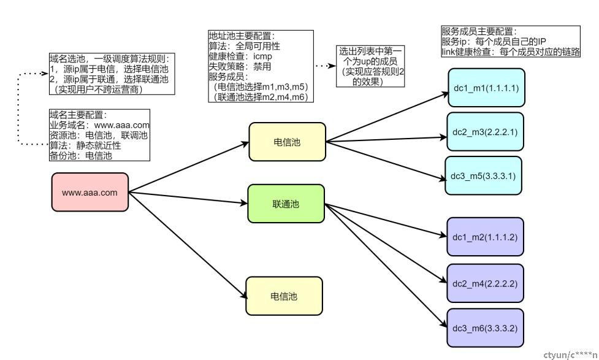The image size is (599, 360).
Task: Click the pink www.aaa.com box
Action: point(90,192)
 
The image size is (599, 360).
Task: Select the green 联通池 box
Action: point(286,204)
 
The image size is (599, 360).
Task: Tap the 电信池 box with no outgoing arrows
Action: point(284,296)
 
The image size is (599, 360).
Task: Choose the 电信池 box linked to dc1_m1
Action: point(288,142)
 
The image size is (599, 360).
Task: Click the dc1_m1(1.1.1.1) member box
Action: point(486,88)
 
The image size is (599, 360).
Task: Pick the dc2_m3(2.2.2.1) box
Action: point(485,132)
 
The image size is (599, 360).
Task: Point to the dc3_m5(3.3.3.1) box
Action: point(483,176)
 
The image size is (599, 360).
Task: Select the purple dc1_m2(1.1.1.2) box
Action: point(485,237)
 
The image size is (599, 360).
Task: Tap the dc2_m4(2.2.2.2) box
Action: point(485,283)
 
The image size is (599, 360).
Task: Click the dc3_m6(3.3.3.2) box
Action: point(485,328)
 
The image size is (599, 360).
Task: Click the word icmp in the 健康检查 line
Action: point(263,56)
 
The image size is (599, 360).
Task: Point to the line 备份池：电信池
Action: point(80,156)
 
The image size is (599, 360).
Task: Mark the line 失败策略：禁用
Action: point(240,66)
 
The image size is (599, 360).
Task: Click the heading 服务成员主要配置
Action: point(479,31)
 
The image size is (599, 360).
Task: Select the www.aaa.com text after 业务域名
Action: point(122,125)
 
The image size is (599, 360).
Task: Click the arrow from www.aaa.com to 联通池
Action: point(188,197)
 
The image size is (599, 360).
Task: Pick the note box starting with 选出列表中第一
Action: point(370,66)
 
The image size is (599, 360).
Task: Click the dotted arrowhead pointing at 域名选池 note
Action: point(45,74)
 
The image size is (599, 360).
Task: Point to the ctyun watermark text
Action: point(570,355)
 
